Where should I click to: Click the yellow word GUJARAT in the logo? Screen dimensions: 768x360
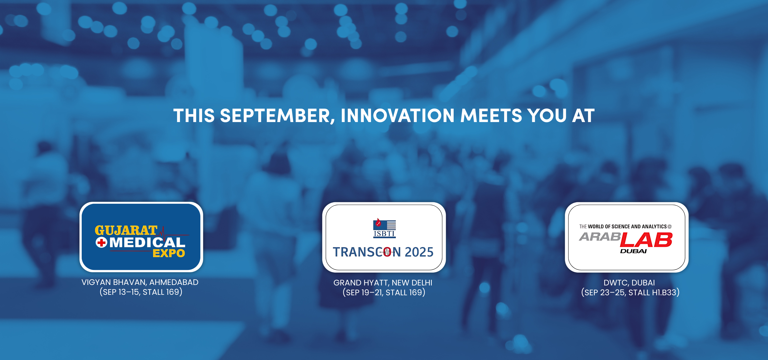click(x=126, y=230)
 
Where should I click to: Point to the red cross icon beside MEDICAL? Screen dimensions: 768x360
click(x=101, y=242)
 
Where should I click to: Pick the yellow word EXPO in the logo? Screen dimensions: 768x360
click(x=169, y=253)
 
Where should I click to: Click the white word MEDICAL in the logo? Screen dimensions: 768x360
click(x=147, y=242)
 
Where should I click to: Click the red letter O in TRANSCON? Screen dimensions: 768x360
click(x=387, y=252)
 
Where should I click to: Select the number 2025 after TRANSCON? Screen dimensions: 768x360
click(x=419, y=252)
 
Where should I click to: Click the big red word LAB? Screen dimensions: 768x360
click(x=646, y=240)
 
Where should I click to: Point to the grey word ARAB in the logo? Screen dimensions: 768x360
click(x=600, y=237)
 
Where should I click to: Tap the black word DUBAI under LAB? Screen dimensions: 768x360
click(x=633, y=251)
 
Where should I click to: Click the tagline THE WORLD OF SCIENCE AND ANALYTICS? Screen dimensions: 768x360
click(x=623, y=226)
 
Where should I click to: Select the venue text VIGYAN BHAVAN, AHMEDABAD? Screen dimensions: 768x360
click(x=140, y=282)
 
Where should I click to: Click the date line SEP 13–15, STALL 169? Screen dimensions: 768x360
click(x=141, y=292)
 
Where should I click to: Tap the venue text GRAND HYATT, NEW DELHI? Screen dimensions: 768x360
click(x=383, y=282)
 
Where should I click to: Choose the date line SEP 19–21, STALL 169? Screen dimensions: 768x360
click(x=384, y=292)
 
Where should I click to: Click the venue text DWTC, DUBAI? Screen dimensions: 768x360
click(x=629, y=282)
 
